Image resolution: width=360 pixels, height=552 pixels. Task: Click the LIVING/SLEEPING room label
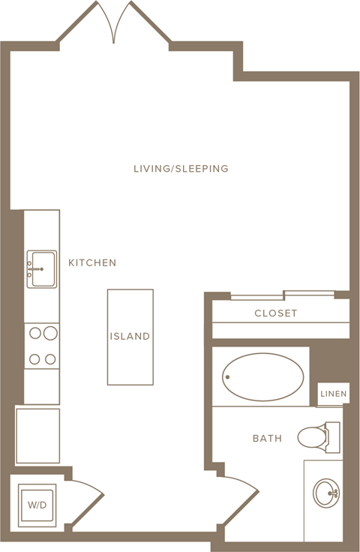[x=181, y=168]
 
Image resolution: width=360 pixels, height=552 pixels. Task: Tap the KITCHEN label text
[x=92, y=262]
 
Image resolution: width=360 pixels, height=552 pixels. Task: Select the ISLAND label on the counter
[x=130, y=336]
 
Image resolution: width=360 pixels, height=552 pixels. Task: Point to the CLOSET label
[x=276, y=313]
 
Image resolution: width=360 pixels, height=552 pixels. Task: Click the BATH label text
[x=268, y=438]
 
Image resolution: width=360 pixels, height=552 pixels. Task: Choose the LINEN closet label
[x=333, y=394]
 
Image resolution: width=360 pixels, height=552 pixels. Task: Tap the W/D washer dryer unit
[x=37, y=505]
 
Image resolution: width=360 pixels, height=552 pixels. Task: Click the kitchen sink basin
[x=42, y=269]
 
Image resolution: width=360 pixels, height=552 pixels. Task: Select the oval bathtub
[x=262, y=377]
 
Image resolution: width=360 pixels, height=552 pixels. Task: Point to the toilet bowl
[x=311, y=437]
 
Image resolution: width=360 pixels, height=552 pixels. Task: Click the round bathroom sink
[x=326, y=493]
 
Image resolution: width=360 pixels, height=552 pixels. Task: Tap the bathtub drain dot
[x=228, y=377]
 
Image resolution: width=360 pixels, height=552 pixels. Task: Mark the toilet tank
[x=333, y=437]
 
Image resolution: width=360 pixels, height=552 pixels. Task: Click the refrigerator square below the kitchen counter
[x=37, y=436]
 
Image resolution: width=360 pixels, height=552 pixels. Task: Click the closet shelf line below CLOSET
[x=280, y=322]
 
